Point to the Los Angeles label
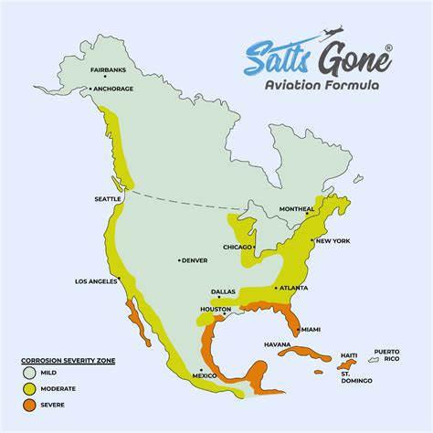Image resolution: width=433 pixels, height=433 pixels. pos(97,281)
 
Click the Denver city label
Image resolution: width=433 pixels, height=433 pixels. pos(195,260)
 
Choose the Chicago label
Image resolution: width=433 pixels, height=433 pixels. pos(238,247)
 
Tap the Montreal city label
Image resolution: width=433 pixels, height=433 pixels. pos(297,209)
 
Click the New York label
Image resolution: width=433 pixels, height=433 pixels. pos(333,241)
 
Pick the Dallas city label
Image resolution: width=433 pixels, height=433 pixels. pos(224,291)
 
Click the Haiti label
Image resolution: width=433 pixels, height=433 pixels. pos(347,355)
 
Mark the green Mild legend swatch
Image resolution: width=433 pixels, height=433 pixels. pos(31,374)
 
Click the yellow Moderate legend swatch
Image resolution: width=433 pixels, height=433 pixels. pos(31,388)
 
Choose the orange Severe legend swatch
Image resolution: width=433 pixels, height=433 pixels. pos(31,403)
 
